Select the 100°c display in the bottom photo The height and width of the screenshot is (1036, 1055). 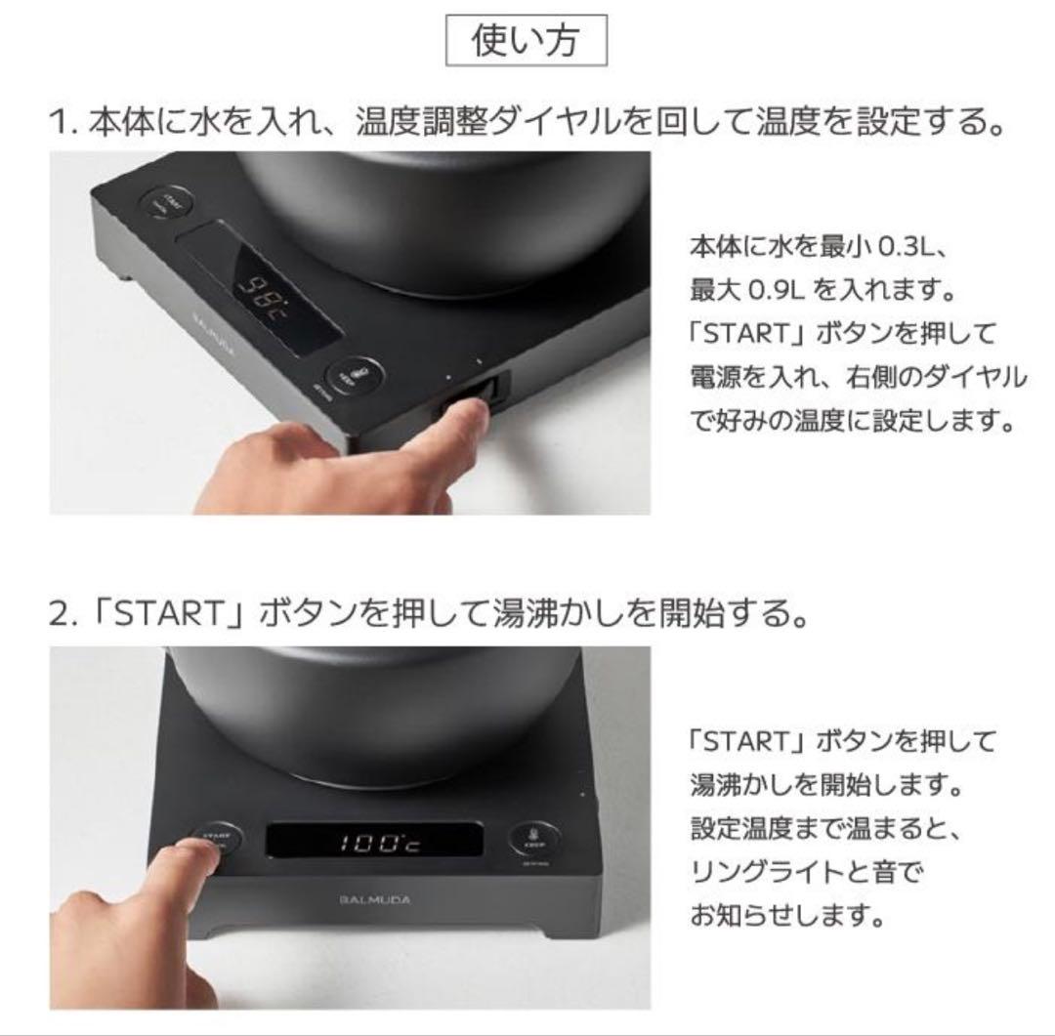(x=375, y=843)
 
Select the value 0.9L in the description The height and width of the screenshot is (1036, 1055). (x=782, y=291)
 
